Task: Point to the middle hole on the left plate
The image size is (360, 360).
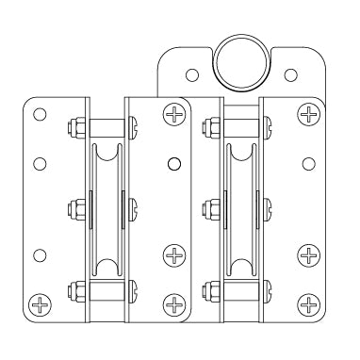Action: (39, 164)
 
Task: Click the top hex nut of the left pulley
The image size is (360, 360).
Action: (74, 125)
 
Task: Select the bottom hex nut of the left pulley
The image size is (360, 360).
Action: (74, 289)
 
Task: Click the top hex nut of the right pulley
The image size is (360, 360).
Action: (209, 125)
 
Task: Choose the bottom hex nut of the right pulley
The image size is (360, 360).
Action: (209, 289)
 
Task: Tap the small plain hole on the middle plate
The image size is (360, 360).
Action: (173, 164)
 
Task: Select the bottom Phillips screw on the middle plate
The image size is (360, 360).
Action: (173, 303)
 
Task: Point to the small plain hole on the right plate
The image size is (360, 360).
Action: (308, 164)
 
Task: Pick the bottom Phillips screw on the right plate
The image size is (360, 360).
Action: (308, 303)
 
